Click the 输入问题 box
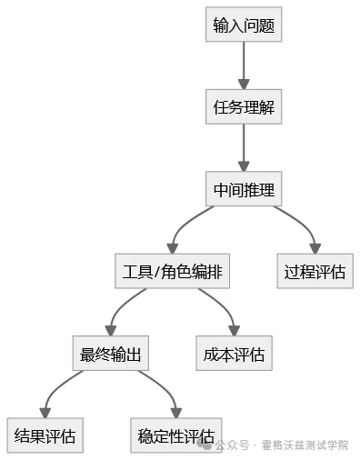243,25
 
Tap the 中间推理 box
243,190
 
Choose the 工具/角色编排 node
171,272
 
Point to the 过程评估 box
315,272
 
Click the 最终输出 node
110,354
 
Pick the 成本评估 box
234,354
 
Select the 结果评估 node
45,435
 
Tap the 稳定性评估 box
175,435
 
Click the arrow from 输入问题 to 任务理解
243,65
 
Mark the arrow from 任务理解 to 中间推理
243,148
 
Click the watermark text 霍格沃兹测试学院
304,445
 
